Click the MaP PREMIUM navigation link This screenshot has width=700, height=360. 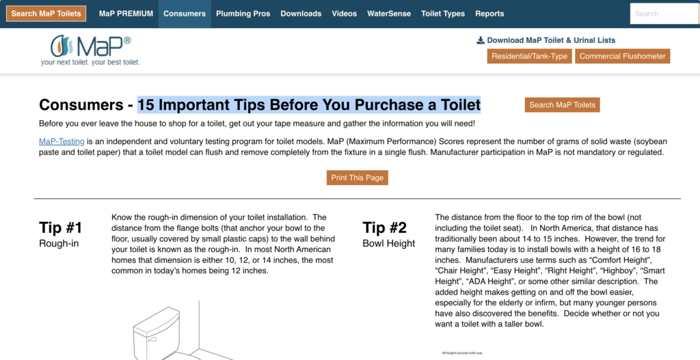pos(126,14)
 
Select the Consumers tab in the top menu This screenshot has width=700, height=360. pos(185,14)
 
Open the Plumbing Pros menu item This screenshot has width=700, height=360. pos(243,14)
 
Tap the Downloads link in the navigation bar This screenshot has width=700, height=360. pos(301,14)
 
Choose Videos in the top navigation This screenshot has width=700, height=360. pos(345,14)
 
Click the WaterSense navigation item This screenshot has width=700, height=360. pos(389,14)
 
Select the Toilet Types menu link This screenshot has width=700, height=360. pos(443,14)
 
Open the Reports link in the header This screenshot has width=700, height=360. pos(489,14)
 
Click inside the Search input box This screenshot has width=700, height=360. pos(664,14)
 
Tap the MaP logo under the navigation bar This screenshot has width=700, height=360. pos(91,50)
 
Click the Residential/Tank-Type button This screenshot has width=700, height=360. pos(530,56)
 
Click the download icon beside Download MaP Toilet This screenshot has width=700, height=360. pos(481,40)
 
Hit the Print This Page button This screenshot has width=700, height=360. pos(357,178)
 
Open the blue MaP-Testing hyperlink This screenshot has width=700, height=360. pos(62,141)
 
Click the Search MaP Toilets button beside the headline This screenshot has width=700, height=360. pos(562,105)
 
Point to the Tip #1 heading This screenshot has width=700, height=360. pos(61,227)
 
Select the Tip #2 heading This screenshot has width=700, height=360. pos(384,227)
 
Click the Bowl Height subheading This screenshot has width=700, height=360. pos(389,244)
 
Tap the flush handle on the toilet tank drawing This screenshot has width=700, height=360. pos(152,340)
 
